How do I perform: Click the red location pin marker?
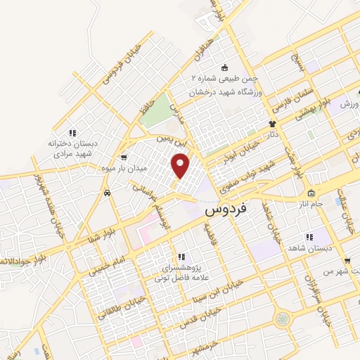click(181, 166)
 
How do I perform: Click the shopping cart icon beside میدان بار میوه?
click(124, 157)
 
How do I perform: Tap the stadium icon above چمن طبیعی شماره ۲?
click(224, 67)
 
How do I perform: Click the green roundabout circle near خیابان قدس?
click(283, 319)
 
